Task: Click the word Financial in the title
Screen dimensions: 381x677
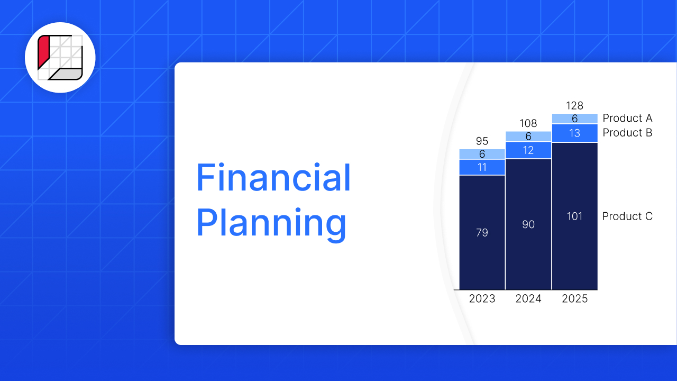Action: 273,178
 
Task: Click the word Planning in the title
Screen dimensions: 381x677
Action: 271,223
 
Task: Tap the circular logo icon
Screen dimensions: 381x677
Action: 60,58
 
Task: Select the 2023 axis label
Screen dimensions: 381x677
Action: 482,299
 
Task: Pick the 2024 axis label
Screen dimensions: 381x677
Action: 528,299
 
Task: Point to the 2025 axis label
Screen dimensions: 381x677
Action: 575,299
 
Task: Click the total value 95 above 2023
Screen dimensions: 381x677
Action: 482,141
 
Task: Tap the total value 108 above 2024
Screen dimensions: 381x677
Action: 528,124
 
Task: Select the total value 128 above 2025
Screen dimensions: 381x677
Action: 575,106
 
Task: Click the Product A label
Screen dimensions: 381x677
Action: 627,118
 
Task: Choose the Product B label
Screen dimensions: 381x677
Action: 627,133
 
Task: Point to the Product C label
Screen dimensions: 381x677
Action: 627,216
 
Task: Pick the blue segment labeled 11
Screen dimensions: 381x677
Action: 482,167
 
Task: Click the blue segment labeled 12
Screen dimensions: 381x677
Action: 528,150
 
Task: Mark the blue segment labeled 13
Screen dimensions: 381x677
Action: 575,133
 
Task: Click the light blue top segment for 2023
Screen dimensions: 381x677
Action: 482,154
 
